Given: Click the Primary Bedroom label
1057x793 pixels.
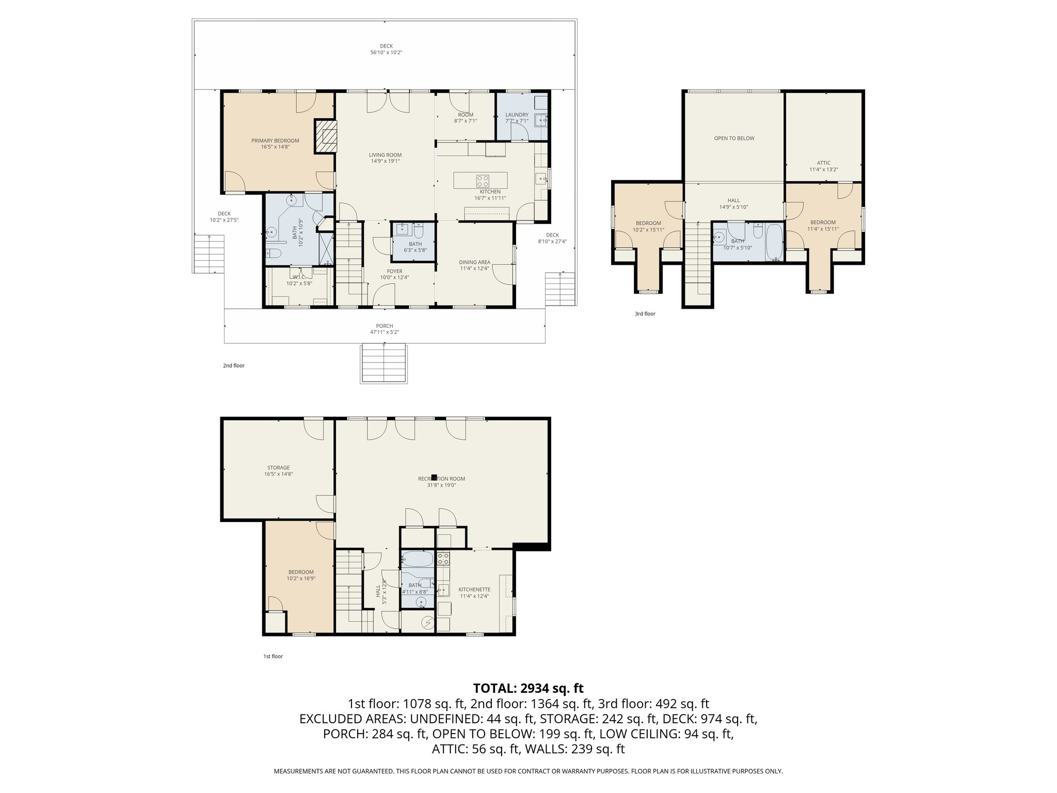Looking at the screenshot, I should pos(275,140).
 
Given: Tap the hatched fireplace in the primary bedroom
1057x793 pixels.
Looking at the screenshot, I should pos(325,136).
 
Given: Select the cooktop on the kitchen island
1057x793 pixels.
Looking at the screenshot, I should pos(483,181).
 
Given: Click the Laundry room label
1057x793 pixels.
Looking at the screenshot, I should pos(517,115).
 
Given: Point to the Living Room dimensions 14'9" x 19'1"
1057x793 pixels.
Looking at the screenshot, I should pos(385,161).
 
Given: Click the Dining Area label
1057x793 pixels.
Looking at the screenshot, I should pos(474,262).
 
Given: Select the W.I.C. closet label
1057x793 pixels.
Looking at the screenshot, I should pos(299,277).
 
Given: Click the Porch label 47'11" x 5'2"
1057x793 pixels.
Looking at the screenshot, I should pos(385,326).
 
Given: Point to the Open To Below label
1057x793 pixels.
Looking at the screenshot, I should pos(734,138).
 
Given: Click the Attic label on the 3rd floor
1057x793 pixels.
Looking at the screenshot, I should pos(823,163).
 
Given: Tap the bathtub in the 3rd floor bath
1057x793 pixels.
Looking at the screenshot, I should pos(775,242).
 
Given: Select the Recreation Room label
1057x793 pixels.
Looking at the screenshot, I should pos(437,479).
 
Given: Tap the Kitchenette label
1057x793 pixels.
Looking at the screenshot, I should pos(474,589).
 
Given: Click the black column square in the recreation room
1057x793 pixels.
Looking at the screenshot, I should pos(435,478).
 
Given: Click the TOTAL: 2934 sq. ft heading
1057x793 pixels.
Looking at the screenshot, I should pos(528,688).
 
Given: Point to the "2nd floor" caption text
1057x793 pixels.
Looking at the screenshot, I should pos(233,366).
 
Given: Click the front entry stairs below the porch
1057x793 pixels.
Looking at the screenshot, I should pos(383,363).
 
